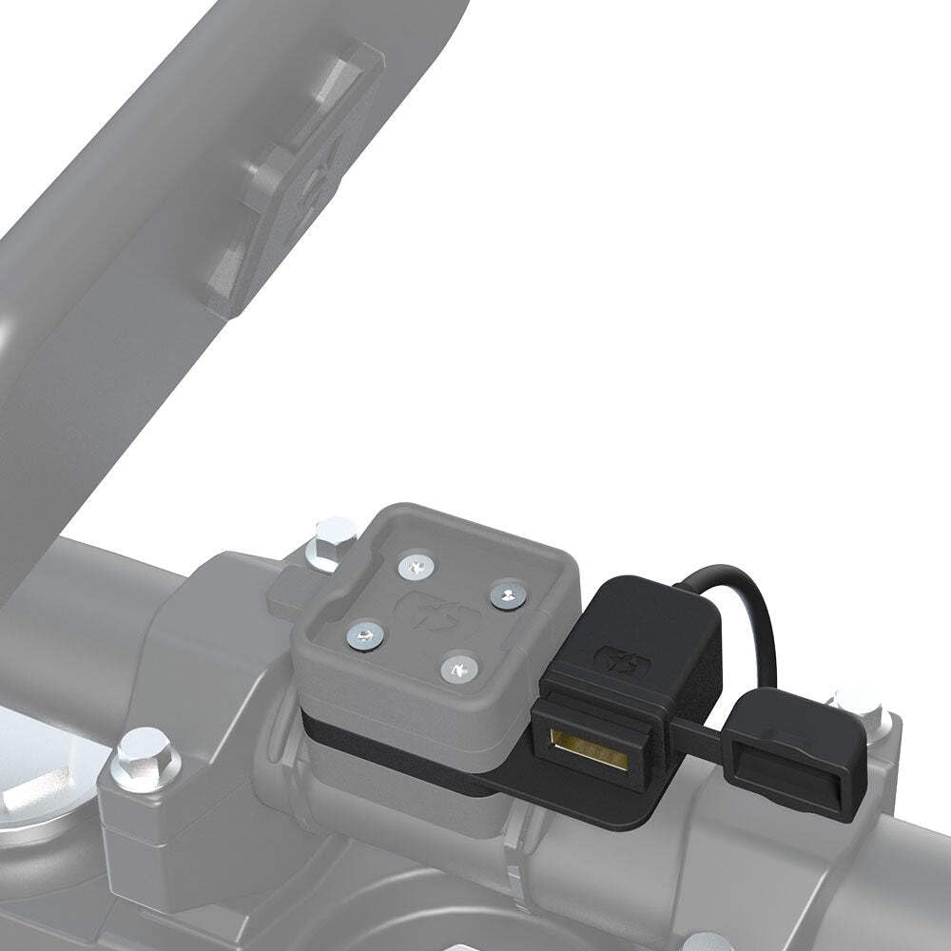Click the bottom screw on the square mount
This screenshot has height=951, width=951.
click(x=458, y=668)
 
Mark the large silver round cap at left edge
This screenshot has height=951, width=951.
click(x=38, y=770)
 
